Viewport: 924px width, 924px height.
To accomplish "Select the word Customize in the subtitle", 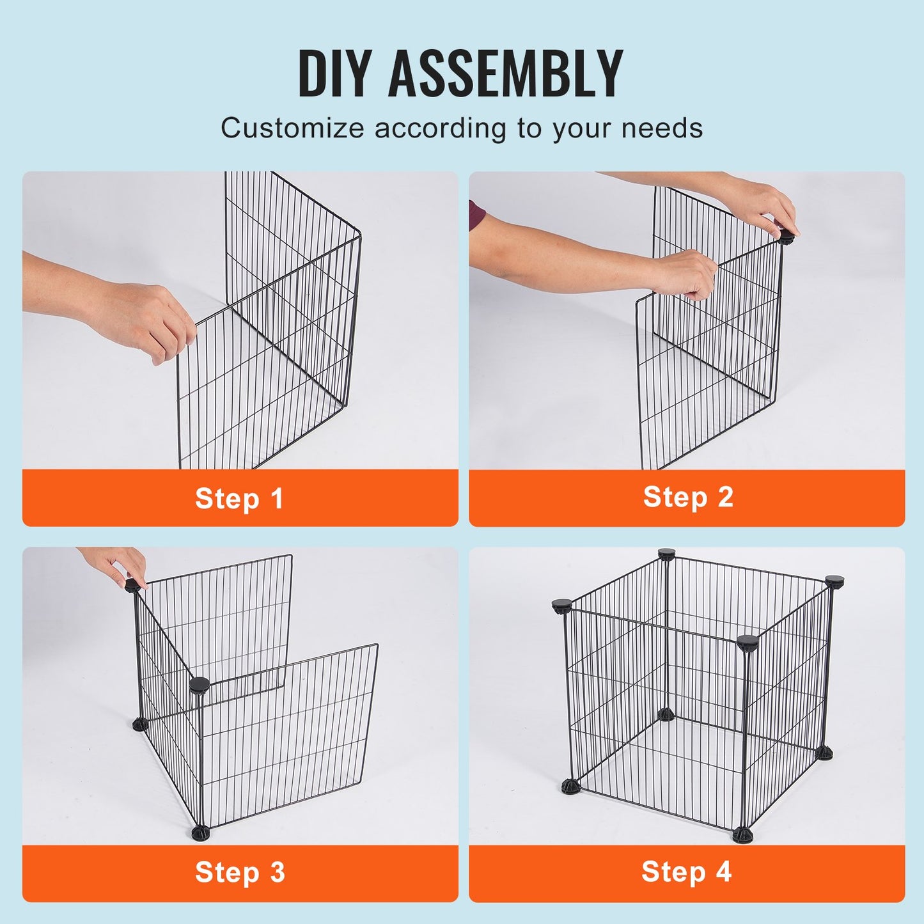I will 292,128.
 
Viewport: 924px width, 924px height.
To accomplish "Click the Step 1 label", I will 239,499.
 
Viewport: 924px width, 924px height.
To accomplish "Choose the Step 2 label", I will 687,497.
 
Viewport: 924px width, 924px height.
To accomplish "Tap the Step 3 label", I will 240,873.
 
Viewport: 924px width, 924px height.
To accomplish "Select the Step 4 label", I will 686,872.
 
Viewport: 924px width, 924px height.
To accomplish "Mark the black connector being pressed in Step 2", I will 786,237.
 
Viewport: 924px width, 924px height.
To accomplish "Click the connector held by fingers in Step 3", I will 132,584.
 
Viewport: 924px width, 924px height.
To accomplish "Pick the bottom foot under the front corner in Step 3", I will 199,833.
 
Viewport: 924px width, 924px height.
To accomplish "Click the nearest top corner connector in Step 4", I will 746,642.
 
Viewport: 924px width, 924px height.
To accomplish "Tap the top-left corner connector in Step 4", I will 561,605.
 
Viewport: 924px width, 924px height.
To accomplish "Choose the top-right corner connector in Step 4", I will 834,581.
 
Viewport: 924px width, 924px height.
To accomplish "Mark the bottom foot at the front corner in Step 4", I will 743,834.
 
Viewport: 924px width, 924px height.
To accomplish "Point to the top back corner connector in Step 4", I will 666,553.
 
